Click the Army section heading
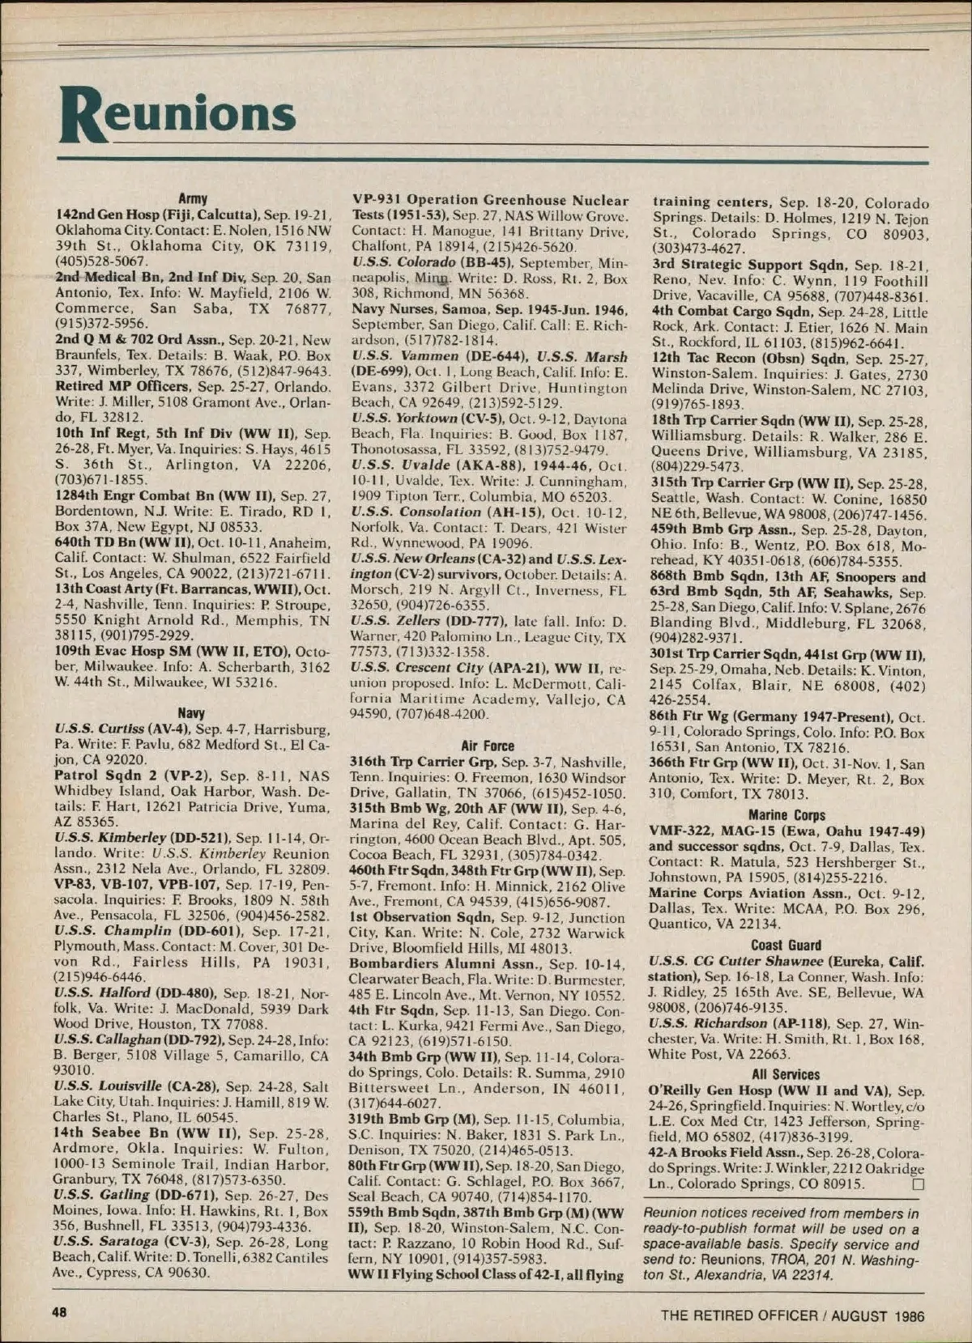[193, 198]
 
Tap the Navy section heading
[191, 713]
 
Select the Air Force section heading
[488, 746]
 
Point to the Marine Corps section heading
[787, 815]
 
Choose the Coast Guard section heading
[786, 945]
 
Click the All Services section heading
[786, 1074]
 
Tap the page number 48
[60, 1312]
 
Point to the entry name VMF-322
[679, 831]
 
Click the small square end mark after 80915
[918, 1184]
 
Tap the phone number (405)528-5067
[101, 261]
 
